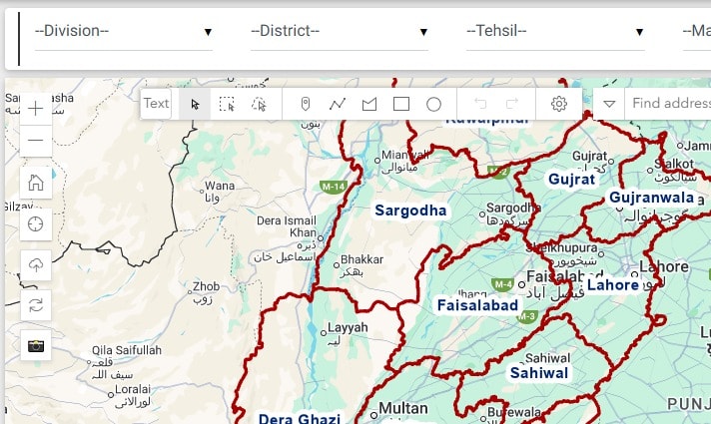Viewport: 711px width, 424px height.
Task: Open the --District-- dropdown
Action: point(339,31)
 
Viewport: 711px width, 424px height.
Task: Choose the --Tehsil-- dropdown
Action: point(554,31)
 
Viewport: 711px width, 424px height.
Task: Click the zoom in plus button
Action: point(36,108)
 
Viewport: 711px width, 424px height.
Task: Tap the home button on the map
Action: point(36,182)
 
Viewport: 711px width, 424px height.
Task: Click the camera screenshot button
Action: point(36,345)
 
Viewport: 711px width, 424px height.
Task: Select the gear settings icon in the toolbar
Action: point(559,104)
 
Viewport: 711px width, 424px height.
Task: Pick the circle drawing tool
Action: point(433,104)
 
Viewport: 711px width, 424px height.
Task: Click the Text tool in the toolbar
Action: point(156,104)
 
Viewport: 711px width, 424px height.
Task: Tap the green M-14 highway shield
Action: point(333,187)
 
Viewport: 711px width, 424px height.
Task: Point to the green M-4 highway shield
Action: point(503,284)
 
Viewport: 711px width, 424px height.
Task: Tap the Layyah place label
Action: point(349,327)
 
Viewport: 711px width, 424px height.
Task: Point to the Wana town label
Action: point(219,186)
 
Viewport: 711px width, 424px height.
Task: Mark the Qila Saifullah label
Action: point(126,350)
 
